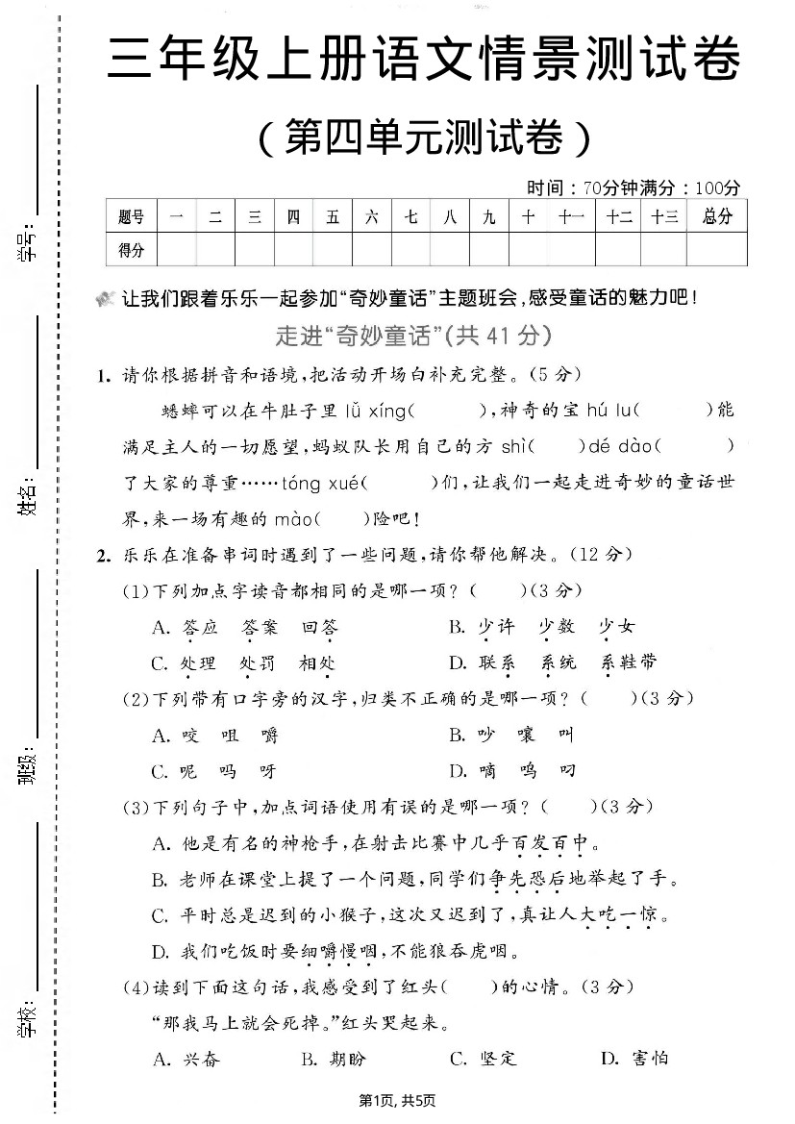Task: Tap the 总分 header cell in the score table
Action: point(717,217)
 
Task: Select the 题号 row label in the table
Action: point(131,217)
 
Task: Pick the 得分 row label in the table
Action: point(131,250)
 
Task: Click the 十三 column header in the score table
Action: point(663,217)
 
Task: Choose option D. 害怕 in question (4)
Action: point(634,1059)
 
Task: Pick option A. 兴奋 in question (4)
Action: point(186,1059)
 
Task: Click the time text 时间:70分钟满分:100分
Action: point(634,187)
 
